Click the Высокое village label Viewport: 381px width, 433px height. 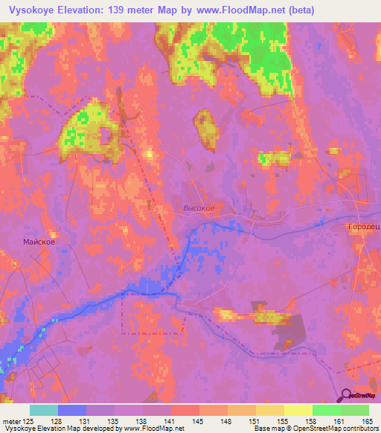click(x=199, y=209)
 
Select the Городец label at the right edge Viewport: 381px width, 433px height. click(x=364, y=225)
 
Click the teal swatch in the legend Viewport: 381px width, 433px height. click(x=44, y=410)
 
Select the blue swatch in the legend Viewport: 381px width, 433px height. click(x=72, y=410)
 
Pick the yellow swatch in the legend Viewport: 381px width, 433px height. click(x=298, y=410)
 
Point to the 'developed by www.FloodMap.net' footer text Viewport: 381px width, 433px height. click(x=127, y=429)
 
